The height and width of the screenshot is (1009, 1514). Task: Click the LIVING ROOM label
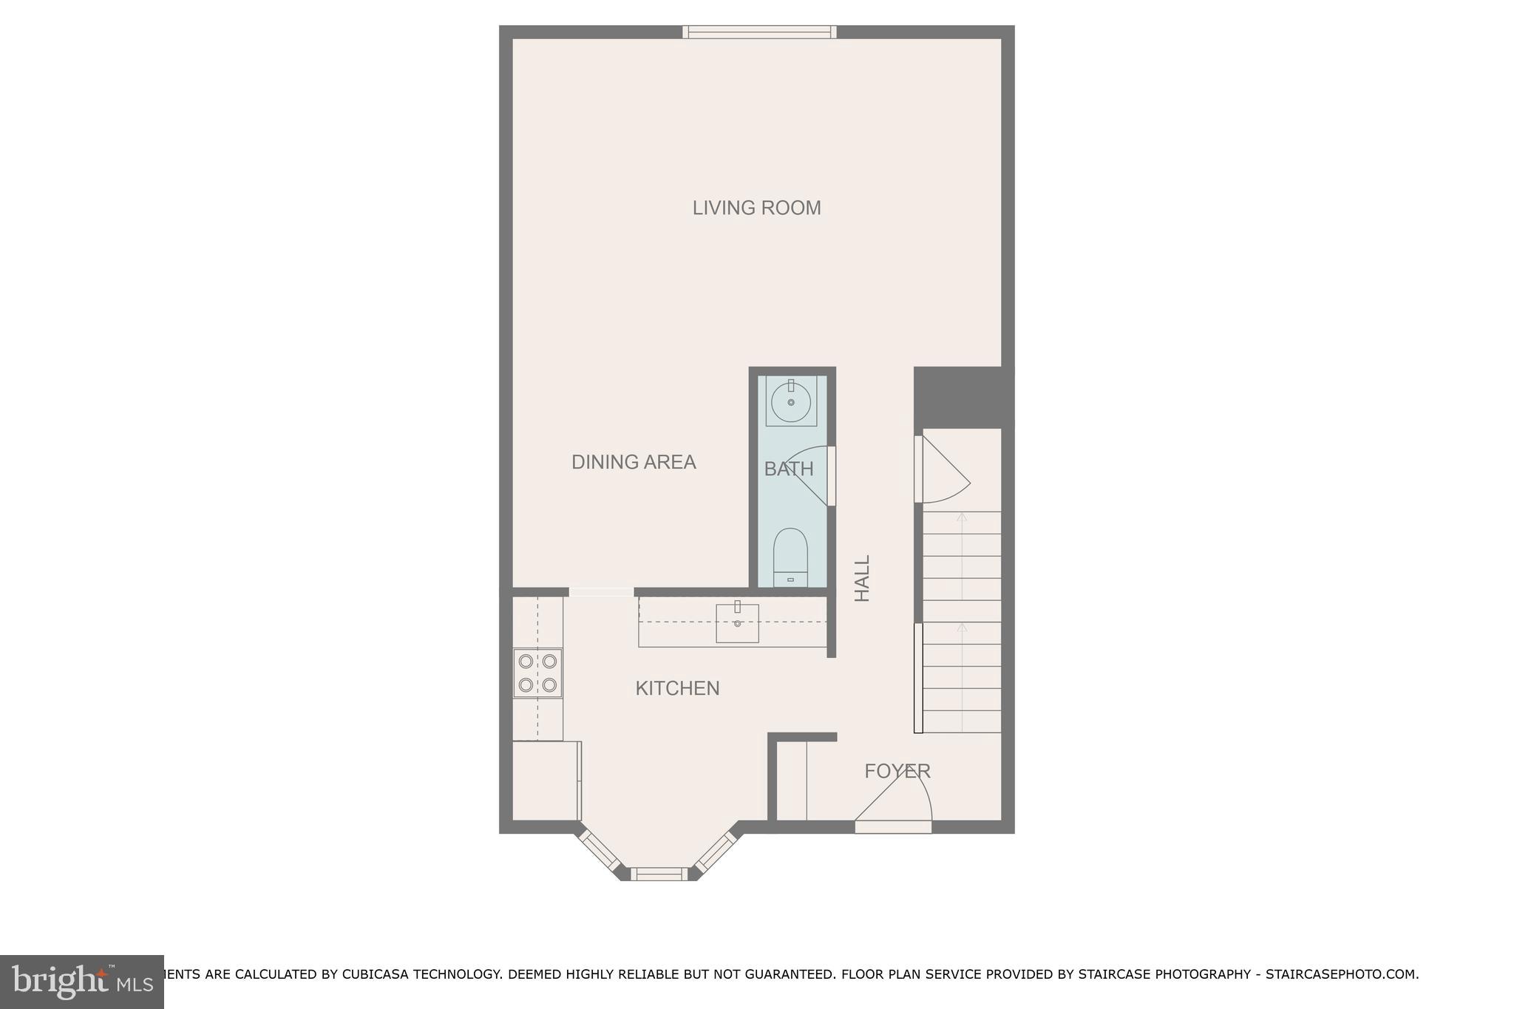point(756,208)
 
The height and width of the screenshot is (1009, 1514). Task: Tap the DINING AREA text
point(634,463)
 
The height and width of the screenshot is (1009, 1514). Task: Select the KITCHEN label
point(677,689)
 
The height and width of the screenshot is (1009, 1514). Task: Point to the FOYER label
point(897,772)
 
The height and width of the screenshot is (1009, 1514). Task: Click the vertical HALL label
point(863,579)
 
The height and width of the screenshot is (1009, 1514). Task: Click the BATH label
point(788,469)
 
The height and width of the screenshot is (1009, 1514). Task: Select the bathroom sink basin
point(791,402)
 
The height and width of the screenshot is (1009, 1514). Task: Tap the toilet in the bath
point(790,556)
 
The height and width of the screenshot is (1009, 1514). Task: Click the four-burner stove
point(537,673)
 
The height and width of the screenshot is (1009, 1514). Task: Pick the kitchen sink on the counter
point(737,623)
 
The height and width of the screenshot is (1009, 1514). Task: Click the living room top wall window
point(759,32)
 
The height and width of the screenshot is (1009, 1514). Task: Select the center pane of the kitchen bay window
point(658,874)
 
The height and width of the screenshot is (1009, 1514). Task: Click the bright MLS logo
point(81,982)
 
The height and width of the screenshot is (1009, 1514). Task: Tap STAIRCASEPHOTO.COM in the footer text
point(1340,975)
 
